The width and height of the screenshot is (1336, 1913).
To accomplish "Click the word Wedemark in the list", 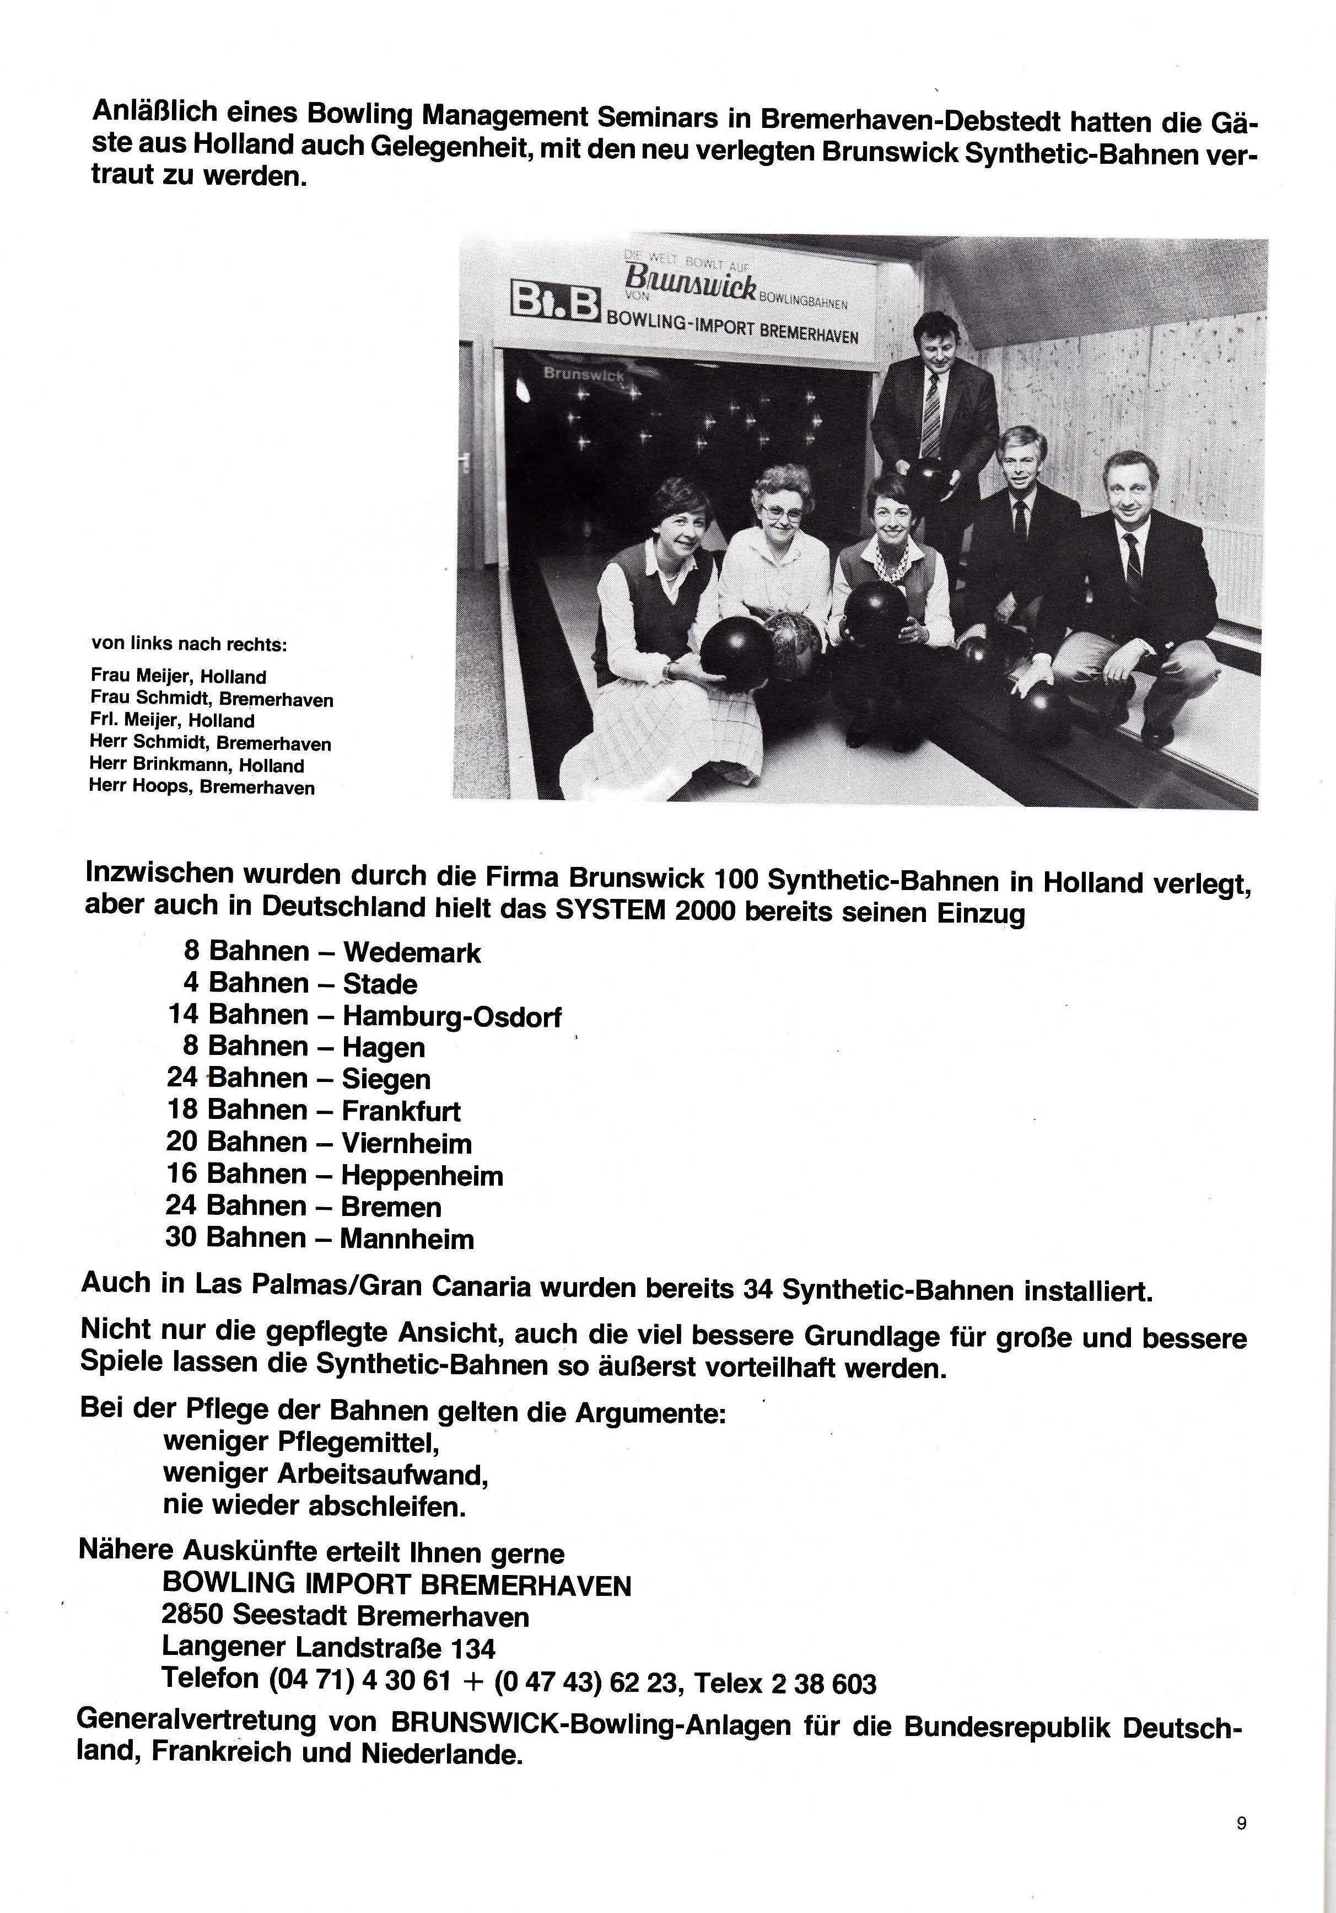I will pos(412,952).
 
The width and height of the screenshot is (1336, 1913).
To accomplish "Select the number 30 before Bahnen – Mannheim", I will pos(181,1237).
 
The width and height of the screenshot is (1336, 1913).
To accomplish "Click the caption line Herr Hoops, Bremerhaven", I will pos(202,788).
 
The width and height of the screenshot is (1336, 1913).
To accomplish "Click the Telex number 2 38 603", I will pos(824,1685).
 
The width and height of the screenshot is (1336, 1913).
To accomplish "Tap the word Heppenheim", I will pos(422,1176).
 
